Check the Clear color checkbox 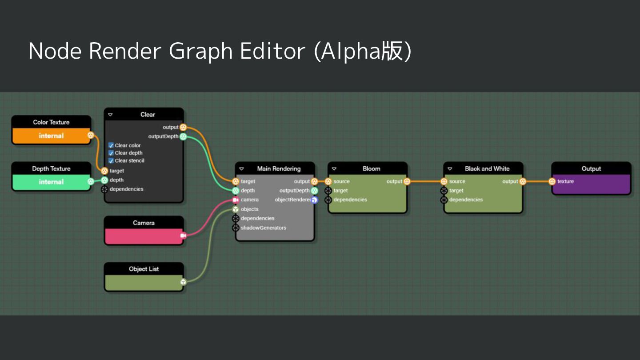coord(111,145)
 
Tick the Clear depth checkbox coord(111,153)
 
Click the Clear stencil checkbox coord(111,160)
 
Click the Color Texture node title coord(51,122)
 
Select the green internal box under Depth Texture coord(51,182)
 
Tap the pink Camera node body coord(144,236)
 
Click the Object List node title coord(144,269)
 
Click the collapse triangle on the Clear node coord(110,115)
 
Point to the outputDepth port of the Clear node coord(183,136)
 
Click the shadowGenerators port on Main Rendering coord(236,228)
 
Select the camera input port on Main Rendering coord(236,200)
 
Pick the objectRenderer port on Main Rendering coord(314,200)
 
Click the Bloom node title coord(371,169)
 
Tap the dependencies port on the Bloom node coord(328,200)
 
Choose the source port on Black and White coord(444,181)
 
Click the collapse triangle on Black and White coord(450,169)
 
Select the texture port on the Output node coord(552,181)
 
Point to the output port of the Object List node coord(183,282)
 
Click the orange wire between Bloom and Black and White coord(425,181)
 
